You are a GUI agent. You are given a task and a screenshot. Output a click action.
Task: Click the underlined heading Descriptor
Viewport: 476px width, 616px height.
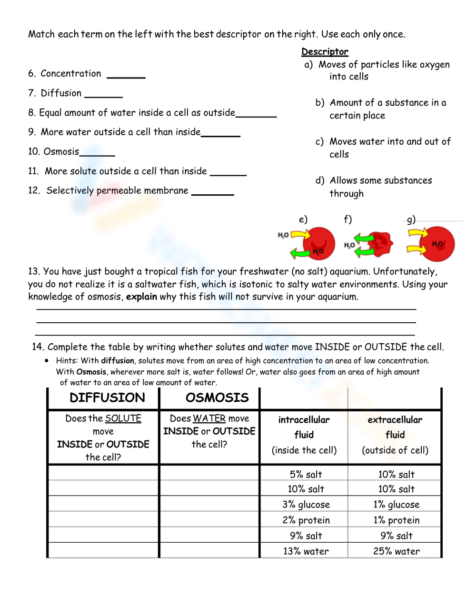325,51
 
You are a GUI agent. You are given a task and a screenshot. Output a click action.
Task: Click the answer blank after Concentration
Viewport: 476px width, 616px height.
126,75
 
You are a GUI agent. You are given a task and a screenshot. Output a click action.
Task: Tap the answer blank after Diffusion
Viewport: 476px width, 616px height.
103,95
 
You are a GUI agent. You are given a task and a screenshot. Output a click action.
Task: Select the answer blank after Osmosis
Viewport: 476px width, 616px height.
97,153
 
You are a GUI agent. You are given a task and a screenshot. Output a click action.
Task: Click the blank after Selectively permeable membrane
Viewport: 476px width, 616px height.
212,192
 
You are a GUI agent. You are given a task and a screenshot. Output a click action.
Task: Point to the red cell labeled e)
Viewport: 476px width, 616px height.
319,243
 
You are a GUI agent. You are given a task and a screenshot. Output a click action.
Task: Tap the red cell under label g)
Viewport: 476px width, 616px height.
438,244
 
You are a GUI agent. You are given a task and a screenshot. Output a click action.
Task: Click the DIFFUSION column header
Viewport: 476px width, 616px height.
107,398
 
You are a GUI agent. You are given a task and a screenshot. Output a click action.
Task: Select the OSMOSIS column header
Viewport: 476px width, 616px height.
217,398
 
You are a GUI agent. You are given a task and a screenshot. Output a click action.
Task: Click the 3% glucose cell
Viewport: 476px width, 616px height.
306,505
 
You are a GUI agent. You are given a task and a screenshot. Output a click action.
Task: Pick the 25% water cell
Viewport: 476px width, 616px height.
396,551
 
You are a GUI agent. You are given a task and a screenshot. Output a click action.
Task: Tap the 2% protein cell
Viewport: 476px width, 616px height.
306,520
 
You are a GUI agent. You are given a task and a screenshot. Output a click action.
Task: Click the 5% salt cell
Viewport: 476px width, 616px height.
306,474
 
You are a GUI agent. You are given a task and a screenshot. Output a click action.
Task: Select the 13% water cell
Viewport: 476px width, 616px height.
306,551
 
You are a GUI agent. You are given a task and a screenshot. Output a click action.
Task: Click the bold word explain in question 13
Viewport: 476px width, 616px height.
141,297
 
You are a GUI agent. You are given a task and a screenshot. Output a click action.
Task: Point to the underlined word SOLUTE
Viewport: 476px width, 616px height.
123,418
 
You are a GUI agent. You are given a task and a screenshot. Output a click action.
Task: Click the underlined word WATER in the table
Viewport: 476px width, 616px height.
209,418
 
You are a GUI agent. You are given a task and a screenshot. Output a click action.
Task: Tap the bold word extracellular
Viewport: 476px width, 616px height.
395,420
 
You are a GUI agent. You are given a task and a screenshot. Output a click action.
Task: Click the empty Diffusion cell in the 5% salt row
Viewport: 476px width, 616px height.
103,473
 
